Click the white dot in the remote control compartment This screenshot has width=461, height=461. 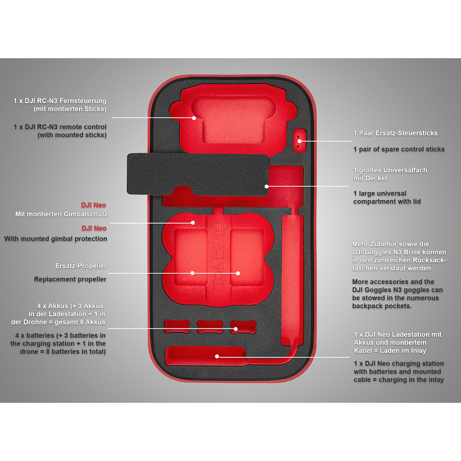tap(194, 118)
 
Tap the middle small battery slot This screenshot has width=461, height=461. tap(209, 327)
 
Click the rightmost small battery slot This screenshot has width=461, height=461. tap(243, 327)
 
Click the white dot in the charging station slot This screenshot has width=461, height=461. tap(217, 356)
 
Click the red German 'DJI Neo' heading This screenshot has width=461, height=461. tap(93, 205)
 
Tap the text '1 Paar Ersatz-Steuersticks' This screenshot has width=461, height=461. tap(395, 133)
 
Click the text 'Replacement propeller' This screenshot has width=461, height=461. tap(70, 279)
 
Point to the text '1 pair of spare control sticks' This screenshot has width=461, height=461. tap(399, 149)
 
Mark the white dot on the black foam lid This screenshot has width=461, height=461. tap(266, 186)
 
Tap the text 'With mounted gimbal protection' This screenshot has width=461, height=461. tap(56, 239)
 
